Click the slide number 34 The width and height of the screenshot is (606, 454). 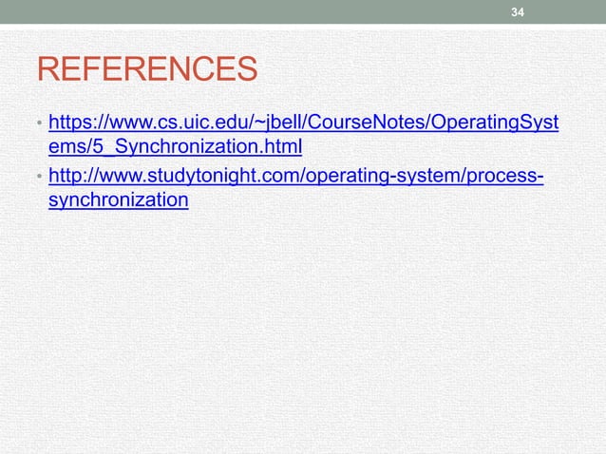[x=518, y=12]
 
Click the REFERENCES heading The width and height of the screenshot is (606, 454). [x=146, y=70]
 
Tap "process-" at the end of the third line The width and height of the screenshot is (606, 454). [x=506, y=176]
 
